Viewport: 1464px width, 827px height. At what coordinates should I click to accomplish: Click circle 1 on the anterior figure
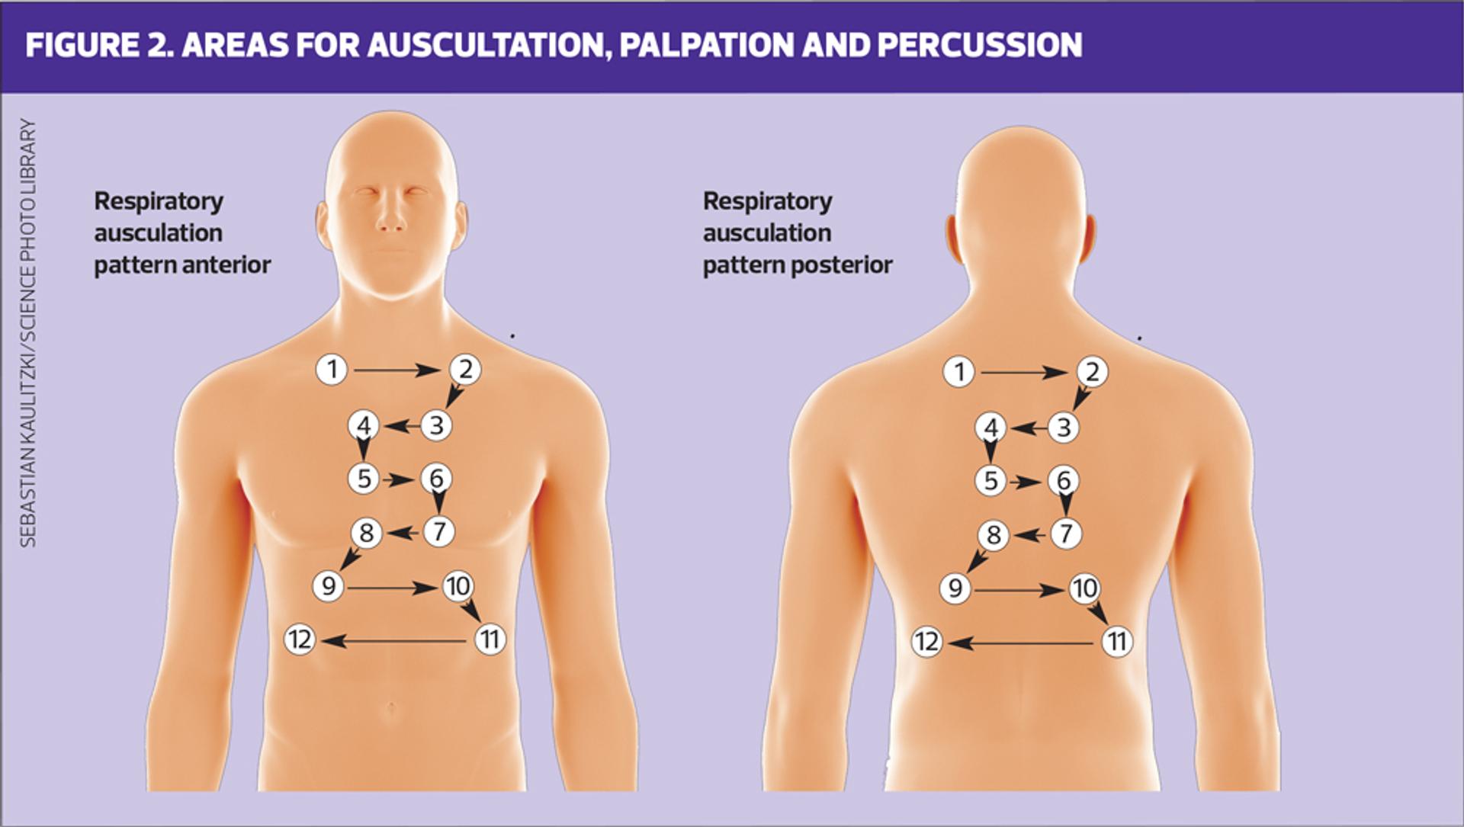pos(332,370)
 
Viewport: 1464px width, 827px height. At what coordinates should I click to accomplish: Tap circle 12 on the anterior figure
pos(300,639)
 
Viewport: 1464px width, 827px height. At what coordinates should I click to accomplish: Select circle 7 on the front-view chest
pos(439,531)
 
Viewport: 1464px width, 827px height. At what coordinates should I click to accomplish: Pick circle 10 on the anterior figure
pos(458,586)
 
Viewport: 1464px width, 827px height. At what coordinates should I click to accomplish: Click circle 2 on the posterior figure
pos(1092,372)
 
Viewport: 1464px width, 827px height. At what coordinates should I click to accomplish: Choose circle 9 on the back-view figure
pos(955,588)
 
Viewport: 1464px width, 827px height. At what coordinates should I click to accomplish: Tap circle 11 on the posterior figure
pos(1117,642)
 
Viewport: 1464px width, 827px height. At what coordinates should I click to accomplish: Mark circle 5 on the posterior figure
pos(990,481)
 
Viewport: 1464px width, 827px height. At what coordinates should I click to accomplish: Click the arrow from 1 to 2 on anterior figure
pos(396,370)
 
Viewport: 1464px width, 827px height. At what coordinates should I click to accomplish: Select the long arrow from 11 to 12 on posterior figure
pos(1022,643)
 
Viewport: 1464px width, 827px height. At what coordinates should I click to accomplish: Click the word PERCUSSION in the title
pos(979,45)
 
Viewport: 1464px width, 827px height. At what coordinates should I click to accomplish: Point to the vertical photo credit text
pos(27,332)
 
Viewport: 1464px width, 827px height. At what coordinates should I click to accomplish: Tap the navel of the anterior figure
pos(391,707)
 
